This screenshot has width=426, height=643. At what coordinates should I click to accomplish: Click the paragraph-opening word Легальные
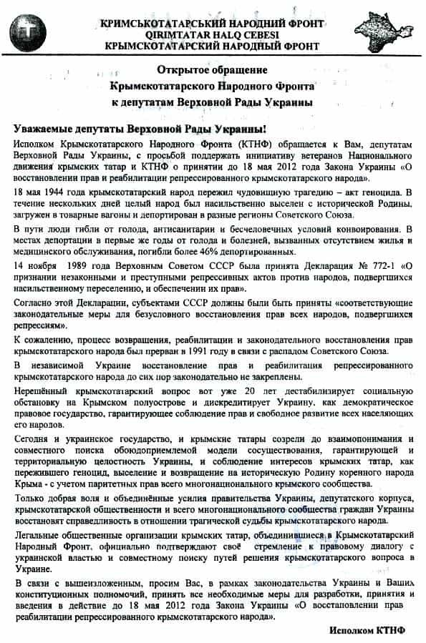tap(39, 536)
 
